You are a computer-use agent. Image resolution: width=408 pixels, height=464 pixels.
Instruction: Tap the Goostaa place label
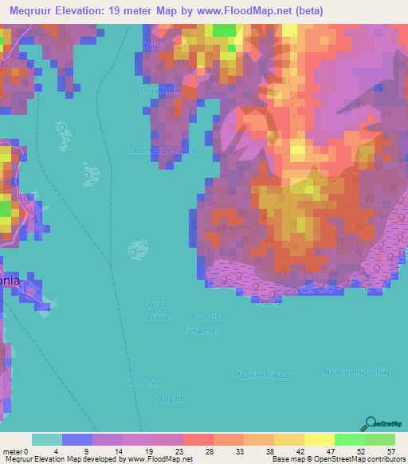(x=210, y=317)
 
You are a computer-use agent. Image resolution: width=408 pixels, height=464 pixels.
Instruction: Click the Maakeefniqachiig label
(x=355, y=372)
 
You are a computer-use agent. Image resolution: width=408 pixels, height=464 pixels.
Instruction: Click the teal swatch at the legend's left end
(x=47, y=439)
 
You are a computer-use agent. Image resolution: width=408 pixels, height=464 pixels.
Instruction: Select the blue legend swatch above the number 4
(x=77, y=439)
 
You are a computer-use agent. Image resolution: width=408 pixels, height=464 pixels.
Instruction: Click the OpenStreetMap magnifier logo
(x=370, y=423)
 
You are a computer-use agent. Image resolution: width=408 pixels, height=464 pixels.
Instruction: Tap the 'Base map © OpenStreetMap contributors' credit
(x=338, y=459)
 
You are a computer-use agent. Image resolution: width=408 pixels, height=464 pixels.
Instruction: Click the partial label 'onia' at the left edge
(x=10, y=280)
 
